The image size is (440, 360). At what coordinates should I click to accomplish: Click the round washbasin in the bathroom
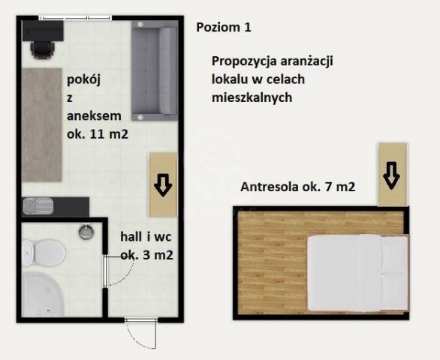point(86,231)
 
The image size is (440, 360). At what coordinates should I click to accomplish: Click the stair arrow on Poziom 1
point(163,184)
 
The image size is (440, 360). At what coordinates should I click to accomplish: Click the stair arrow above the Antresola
point(391,175)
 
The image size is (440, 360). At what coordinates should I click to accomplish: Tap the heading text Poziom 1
point(223,27)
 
